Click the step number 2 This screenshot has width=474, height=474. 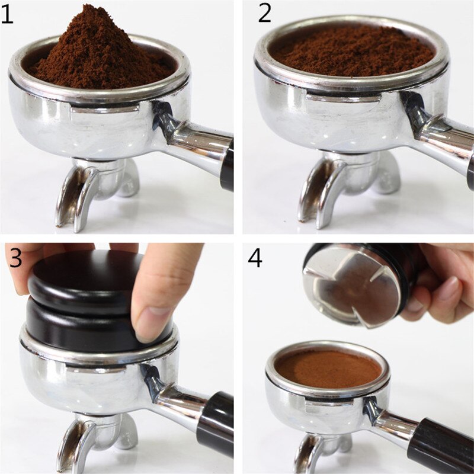pos(265,13)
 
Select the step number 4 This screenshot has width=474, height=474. pos(255,259)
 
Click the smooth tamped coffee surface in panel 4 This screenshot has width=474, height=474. pos(328,367)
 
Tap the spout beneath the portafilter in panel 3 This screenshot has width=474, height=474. pos(77,444)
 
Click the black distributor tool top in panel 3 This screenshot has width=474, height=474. pos(83,278)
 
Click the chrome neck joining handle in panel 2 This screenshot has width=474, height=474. pos(435,133)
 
